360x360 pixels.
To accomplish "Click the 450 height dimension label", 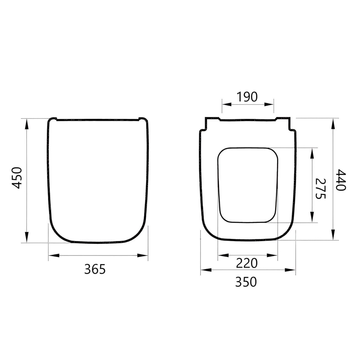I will (17, 178).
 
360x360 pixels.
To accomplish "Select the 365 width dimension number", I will (95, 269).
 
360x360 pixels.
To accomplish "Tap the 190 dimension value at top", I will (247, 97).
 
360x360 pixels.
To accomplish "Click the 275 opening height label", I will (321, 188).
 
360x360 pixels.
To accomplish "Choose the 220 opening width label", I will (246, 263).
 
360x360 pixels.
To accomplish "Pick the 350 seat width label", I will (246, 282).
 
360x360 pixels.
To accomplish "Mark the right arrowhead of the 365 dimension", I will (143, 255).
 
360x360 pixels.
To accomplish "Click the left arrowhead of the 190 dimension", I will (227, 104).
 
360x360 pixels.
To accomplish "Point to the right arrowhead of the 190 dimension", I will (269, 104).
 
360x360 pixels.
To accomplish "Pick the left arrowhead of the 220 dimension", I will (223, 255).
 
